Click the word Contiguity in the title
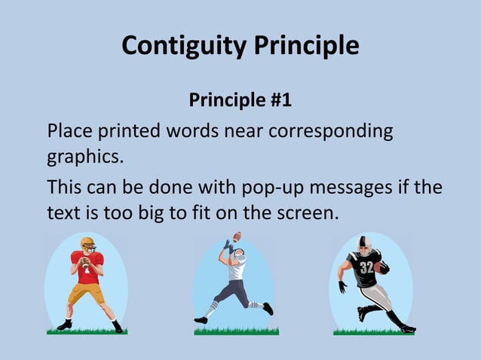tap(182, 47)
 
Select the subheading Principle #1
tap(240, 99)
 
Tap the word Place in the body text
tap(69, 130)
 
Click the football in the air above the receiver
tap(237, 236)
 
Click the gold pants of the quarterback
tap(82, 292)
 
